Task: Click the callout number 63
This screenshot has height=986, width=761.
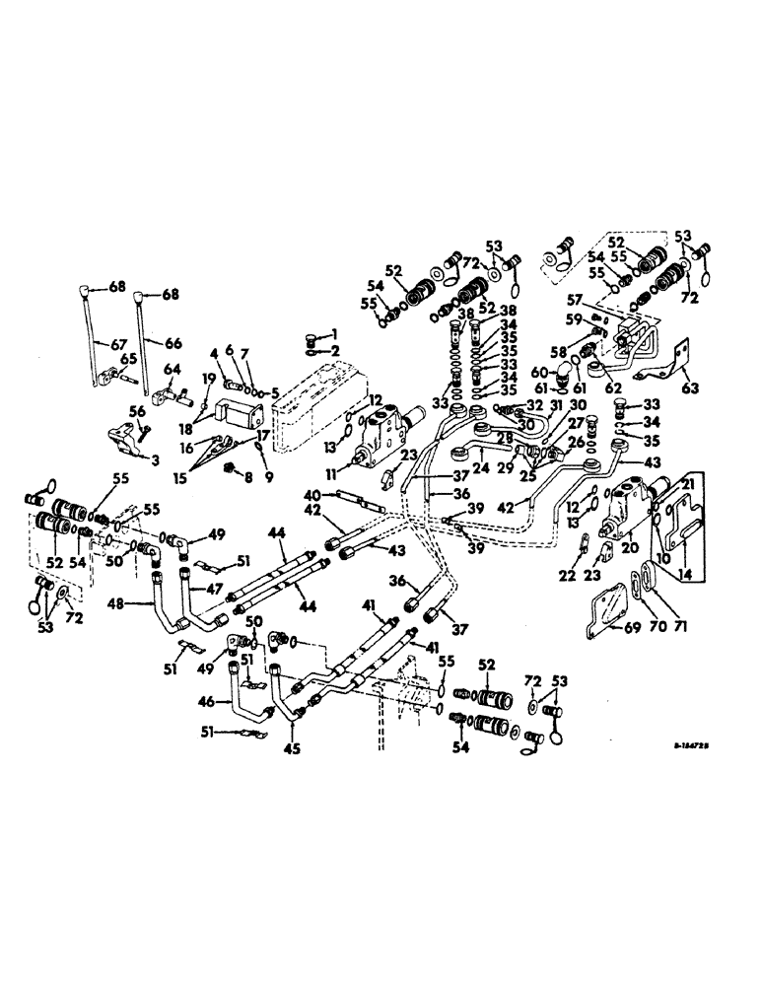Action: [687, 388]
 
